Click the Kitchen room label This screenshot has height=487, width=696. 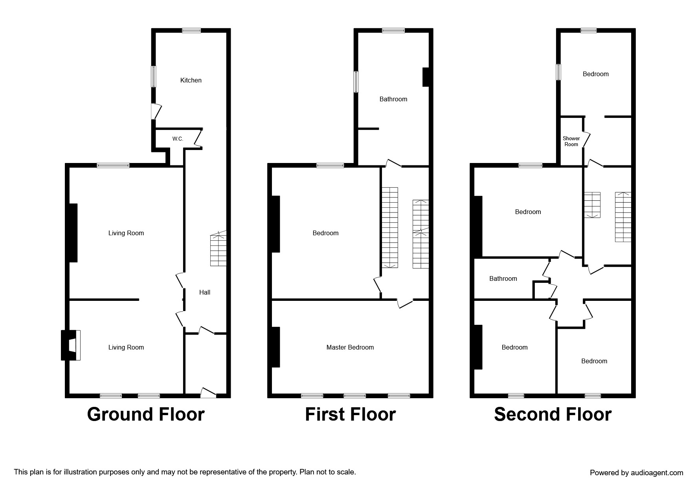pos(191,80)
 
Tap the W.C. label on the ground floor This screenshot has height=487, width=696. pos(177,139)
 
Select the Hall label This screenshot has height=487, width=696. pos(204,292)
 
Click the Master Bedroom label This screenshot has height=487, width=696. pos(350,347)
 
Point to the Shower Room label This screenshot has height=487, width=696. pos(571,141)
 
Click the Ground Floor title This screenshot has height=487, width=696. pos(145,414)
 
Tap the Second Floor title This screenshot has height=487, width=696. pos(552,414)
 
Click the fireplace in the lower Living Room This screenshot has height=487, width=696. pos(71,345)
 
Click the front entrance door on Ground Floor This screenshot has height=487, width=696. pos(208,392)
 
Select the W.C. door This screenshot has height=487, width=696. pos(198,138)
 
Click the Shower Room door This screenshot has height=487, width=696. pos(586,139)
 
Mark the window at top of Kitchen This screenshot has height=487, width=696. pos(191,30)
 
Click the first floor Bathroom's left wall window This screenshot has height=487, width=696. pos(356,82)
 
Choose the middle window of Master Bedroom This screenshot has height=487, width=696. pos(354,395)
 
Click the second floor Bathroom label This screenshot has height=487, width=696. pos(503,278)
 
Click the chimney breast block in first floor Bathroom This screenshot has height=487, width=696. pos(425,77)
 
